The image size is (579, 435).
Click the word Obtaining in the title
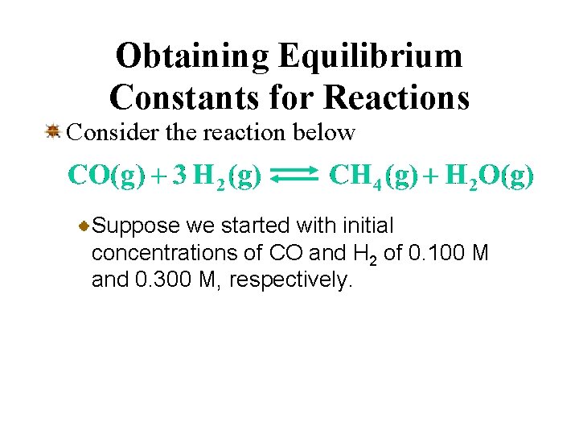193,56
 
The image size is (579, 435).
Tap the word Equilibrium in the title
371,56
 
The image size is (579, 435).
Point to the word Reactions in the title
396,97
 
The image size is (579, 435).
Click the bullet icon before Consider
53,130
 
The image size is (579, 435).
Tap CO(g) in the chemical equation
107,175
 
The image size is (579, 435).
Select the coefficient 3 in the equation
181,175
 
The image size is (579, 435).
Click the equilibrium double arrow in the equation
296,176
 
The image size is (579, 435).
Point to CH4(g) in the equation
371,176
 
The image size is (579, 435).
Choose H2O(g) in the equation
489,176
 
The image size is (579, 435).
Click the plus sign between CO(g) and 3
159,176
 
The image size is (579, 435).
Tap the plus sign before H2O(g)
430,176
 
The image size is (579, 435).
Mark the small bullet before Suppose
84,227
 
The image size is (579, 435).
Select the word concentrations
171,254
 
